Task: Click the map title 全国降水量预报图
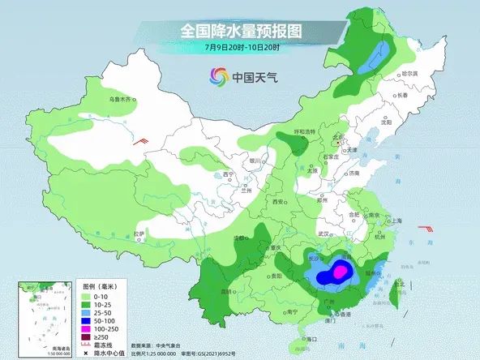[x=241, y=31]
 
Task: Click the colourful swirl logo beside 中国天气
[x=217, y=78]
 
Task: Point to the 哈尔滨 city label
[x=414, y=74]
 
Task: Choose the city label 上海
[x=396, y=220]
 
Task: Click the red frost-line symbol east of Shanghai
[x=424, y=229]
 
